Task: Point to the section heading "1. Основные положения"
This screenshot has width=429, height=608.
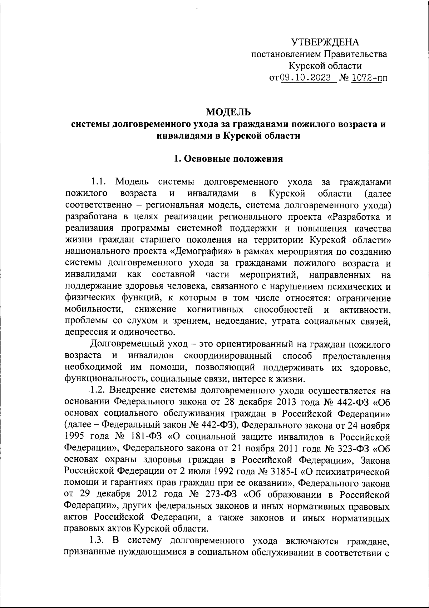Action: (x=228, y=159)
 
